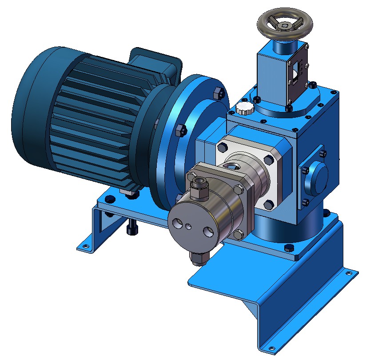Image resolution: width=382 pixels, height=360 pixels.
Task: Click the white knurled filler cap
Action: click(x=243, y=108)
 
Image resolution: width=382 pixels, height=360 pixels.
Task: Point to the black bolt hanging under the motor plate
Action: click(x=131, y=229)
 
